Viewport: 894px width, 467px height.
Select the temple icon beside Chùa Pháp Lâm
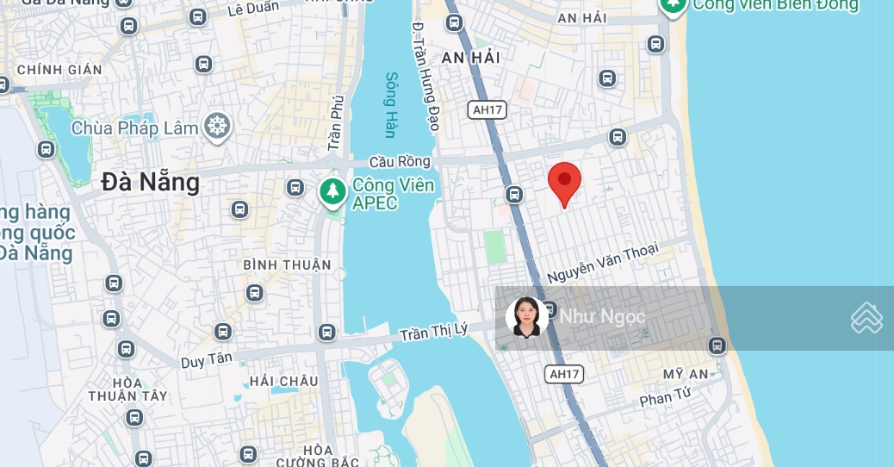[x=216, y=127]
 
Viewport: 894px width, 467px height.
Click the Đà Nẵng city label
[x=150, y=182]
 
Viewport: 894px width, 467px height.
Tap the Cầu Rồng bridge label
[x=399, y=161]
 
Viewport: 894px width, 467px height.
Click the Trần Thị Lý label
[x=433, y=331]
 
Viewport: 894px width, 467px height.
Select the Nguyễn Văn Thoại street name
[x=603, y=262]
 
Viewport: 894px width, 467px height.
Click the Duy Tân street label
[x=206, y=360]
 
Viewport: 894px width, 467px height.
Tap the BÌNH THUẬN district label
[x=287, y=265]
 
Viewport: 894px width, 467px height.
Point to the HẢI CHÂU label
[x=283, y=381]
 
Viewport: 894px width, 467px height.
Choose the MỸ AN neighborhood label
[x=686, y=374]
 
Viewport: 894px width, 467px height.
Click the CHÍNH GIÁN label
[x=59, y=70]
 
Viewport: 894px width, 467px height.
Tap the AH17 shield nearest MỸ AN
[x=564, y=374]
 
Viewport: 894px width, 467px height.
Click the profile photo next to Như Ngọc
[x=526, y=317]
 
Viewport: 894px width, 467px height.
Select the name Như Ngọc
[x=602, y=317]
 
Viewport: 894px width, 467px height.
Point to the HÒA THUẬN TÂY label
[x=127, y=389]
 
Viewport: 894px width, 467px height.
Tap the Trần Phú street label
[x=336, y=123]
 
